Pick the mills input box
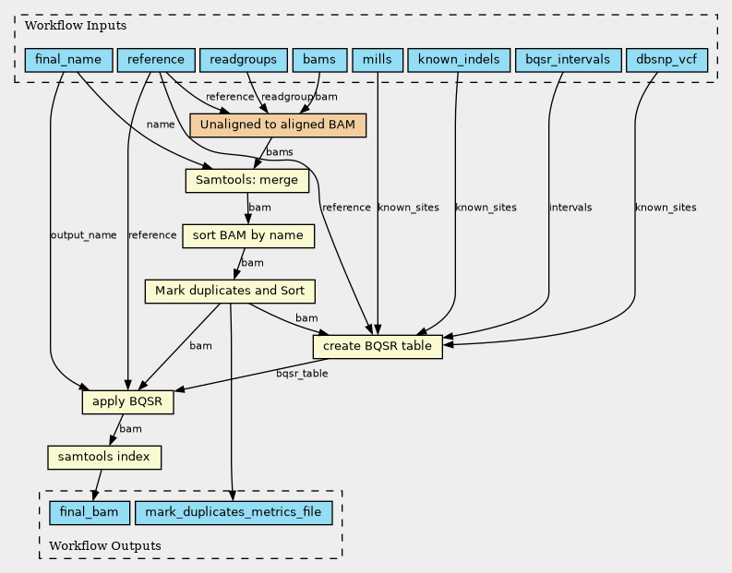(x=377, y=61)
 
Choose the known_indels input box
(x=459, y=61)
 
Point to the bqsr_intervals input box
(x=567, y=61)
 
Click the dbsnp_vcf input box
(x=666, y=61)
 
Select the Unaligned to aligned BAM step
(x=278, y=125)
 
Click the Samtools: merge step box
(x=246, y=180)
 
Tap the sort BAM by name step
(x=248, y=235)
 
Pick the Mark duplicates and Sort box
(x=230, y=292)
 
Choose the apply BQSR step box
(x=127, y=403)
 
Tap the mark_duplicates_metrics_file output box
(x=227, y=511)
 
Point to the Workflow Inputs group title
(x=62, y=23)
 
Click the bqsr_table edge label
(x=302, y=374)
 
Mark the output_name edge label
(x=83, y=235)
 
